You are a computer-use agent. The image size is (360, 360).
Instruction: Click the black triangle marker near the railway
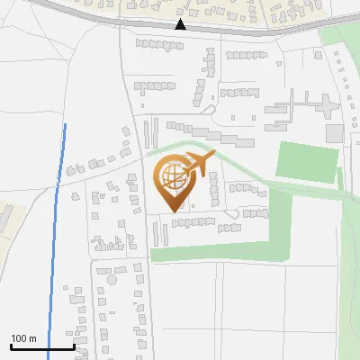click(x=181, y=25)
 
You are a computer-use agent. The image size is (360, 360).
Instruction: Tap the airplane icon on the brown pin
click(x=198, y=165)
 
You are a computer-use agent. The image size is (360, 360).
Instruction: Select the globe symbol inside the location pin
click(x=172, y=178)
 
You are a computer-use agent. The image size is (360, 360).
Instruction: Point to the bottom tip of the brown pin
click(x=172, y=211)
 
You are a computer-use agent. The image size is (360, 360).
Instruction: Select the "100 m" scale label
click(x=23, y=338)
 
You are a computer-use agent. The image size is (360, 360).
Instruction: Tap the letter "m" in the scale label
click(x=31, y=338)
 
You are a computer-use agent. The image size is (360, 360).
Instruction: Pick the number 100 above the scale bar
click(x=19, y=338)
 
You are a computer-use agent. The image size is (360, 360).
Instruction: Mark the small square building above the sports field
click(x=334, y=133)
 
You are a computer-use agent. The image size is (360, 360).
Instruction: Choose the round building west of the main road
click(x=112, y=279)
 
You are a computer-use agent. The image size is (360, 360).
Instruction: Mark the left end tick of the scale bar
click(x=11, y=346)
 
